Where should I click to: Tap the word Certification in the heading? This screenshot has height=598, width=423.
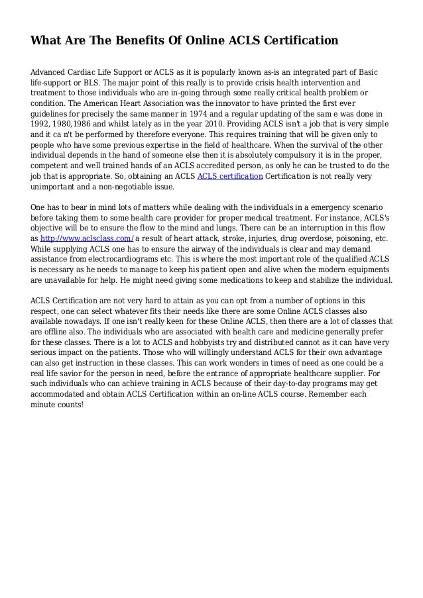point(300,41)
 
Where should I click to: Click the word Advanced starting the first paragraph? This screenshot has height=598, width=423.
point(50,72)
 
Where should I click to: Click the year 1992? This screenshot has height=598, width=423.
point(42,125)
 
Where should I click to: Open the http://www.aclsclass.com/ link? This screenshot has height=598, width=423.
point(87,238)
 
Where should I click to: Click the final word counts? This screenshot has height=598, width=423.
point(71,405)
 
